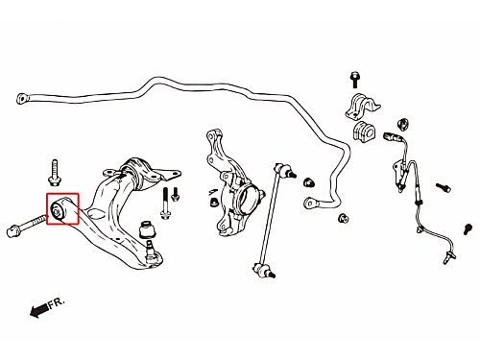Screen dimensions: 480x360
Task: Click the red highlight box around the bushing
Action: pyautogui.click(x=47, y=208)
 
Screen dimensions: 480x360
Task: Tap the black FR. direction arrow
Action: pyautogui.click(x=38, y=310)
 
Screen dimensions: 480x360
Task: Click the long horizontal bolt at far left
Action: pyautogui.click(x=27, y=225)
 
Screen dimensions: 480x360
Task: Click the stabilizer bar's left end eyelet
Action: pyautogui.click(x=22, y=98)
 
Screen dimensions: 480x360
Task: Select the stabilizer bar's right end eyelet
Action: pyautogui.click(x=310, y=203)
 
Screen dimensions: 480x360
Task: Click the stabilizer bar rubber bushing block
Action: pyautogui.click(x=364, y=130)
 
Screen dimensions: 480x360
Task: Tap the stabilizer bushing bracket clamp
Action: pyautogui.click(x=363, y=106)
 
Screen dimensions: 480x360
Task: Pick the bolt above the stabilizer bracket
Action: pyautogui.click(x=354, y=80)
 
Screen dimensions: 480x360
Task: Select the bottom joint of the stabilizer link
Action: pyautogui.click(x=264, y=270)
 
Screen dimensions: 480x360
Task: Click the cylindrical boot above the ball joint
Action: pyautogui.click(x=147, y=229)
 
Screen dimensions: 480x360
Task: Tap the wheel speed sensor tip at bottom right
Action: pyautogui.click(x=449, y=257)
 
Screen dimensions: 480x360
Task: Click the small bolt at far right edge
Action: pyautogui.click(x=468, y=229)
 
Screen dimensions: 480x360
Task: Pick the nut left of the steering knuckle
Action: pyautogui.click(x=213, y=203)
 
